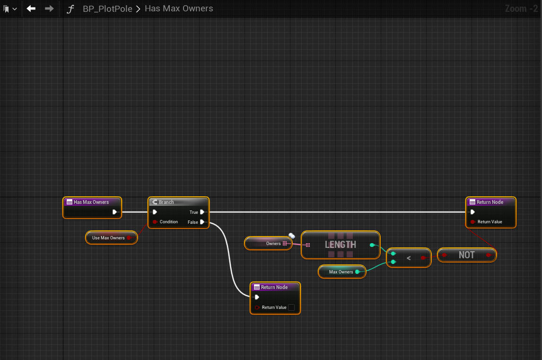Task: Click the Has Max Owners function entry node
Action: (x=91, y=202)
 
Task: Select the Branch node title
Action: (x=166, y=202)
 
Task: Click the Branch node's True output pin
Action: (x=202, y=212)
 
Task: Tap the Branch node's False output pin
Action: (x=202, y=222)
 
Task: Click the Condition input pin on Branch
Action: (x=155, y=222)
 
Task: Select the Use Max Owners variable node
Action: (x=109, y=238)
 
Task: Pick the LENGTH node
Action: (x=340, y=245)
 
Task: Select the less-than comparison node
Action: (x=409, y=258)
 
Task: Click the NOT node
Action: (x=466, y=255)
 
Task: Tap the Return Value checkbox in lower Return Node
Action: (x=291, y=307)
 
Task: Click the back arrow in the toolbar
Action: (x=31, y=9)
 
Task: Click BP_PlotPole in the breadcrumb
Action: (x=107, y=9)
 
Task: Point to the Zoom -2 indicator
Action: (x=521, y=9)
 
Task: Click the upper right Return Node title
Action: (x=490, y=202)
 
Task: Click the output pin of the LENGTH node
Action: (x=372, y=245)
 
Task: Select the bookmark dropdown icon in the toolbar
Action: (x=10, y=9)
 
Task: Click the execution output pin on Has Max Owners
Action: (x=114, y=212)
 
